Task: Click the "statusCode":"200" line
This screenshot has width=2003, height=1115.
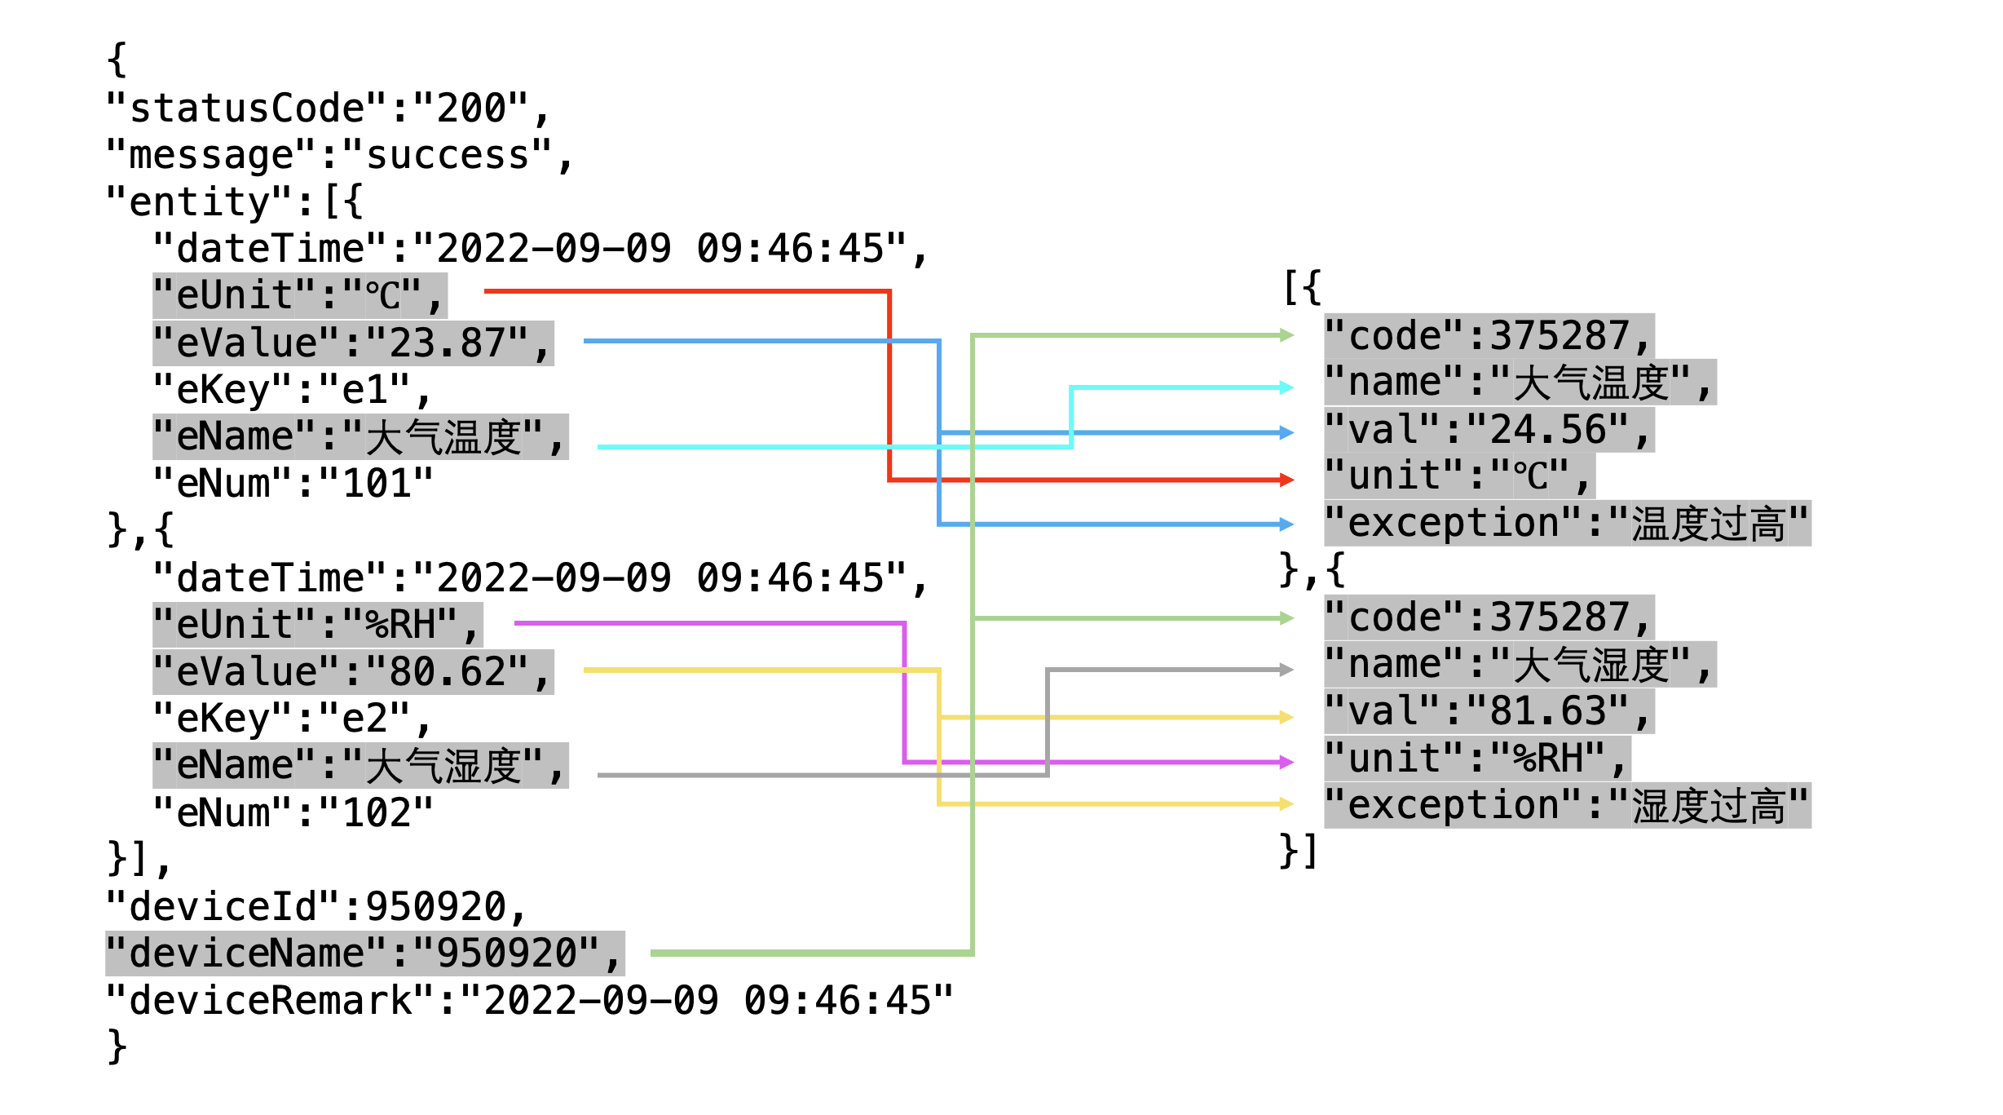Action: tap(329, 108)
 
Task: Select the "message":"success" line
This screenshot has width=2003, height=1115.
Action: tap(340, 155)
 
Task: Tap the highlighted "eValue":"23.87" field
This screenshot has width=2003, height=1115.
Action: tap(353, 343)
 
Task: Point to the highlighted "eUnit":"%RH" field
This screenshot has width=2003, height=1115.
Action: tap(317, 625)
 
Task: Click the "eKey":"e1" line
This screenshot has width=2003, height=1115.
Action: tap(292, 390)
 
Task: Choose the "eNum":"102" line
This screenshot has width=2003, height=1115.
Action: tap(293, 812)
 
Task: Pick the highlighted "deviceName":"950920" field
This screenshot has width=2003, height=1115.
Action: tap(364, 954)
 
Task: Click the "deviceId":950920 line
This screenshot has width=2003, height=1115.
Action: tap(317, 906)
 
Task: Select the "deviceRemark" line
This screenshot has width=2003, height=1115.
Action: tap(529, 1001)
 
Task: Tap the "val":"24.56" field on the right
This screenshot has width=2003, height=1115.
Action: tap(1489, 430)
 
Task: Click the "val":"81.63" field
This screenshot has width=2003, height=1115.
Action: tap(1489, 711)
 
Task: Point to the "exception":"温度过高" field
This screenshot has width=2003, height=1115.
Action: tap(1567, 524)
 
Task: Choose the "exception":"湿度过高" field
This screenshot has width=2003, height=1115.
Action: tap(1567, 806)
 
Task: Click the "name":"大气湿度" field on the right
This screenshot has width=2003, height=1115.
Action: tap(1520, 665)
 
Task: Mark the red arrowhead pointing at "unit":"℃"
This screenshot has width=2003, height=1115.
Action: tap(1287, 480)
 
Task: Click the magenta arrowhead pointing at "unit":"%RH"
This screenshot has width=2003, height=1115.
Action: tap(1287, 762)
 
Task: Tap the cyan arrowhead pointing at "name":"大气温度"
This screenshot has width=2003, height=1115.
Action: tap(1287, 387)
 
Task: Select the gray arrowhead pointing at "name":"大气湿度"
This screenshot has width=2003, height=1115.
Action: tap(1287, 670)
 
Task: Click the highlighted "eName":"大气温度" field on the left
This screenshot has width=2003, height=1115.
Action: tap(360, 437)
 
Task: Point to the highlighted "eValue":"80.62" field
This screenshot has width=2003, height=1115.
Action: tap(353, 672)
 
